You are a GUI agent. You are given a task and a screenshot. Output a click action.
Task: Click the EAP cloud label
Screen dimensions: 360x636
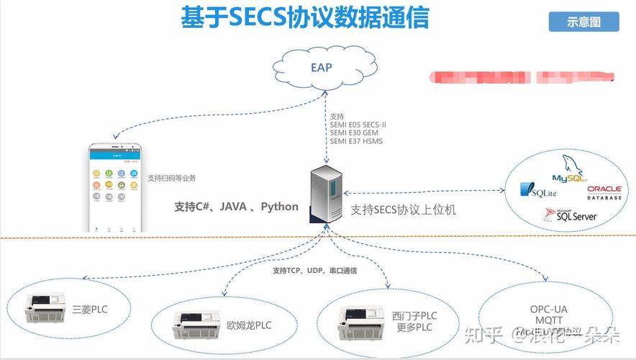(x=322, y=68)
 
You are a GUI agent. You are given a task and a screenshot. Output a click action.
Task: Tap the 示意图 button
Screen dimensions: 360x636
(x=583, y=22)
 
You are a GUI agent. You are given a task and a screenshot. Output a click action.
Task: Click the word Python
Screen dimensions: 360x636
(x=279, y=207)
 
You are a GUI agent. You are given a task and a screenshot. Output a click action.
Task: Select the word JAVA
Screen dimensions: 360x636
(x=233, y=207)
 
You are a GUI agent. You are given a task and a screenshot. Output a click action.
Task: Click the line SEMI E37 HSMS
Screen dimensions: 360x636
(x=356, y=141)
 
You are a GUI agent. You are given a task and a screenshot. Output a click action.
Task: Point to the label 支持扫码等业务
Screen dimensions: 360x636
(x=172, y=178)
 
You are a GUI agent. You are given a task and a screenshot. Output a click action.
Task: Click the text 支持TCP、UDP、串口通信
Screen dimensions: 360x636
(x=315, y=271)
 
